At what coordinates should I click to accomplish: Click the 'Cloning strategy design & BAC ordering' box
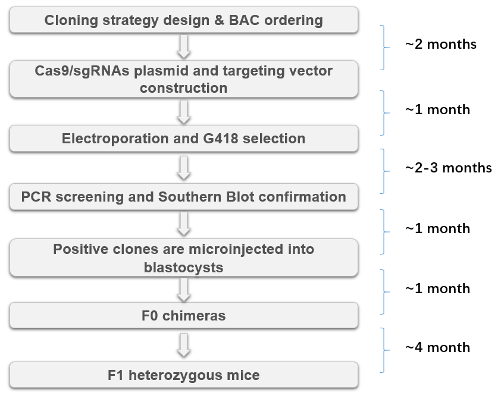pyautogui.click(x=184, y=20)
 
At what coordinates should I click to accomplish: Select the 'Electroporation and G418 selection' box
pyautogui.click(x=184, y=139)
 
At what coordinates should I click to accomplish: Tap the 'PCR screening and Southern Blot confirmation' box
pyautogui.click(x=184, y=197)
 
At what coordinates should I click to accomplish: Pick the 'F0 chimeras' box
pyautogui.click(x=184, y=316)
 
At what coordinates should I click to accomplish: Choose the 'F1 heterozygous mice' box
pyautogui.click(x=184, y=375)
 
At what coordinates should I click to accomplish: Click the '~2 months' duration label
pyautogui.click(x=441, y=44)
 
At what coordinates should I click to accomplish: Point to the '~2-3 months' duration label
pyautogui.click(x=449, y=168)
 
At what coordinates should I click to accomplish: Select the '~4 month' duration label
pyautogui.click(x=437, y=347)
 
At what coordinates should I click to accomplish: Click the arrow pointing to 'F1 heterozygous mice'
pyautogui.click(x=184, y=345)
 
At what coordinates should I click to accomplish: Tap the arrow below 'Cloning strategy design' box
pyautogui.click(x=184, y=47)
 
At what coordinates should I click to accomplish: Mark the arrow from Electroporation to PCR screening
pyautogui.click(x=184, y=168)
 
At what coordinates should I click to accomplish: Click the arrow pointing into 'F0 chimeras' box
pyautogui.click(x=184, y=290)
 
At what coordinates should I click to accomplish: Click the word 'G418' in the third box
pyautogui.click(x=221, y=139)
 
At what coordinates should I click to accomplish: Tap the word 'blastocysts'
pyautogui.click(x=183, y=267)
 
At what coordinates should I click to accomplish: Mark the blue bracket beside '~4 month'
pyautogui.click(x=383, y=350)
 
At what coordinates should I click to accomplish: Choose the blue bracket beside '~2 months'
pyautogui.click(x=383, y=47)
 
